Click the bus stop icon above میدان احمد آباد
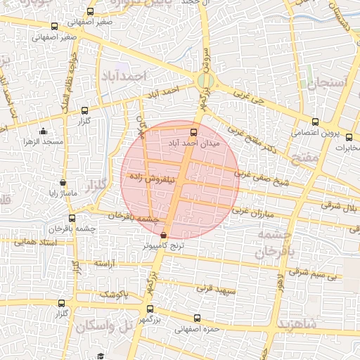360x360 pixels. (x=194, y=131)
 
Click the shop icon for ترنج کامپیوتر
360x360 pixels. (x=165, y=236)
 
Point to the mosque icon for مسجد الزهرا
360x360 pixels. (x=44, y=131)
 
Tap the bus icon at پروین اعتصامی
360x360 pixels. (x=315, y=122)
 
